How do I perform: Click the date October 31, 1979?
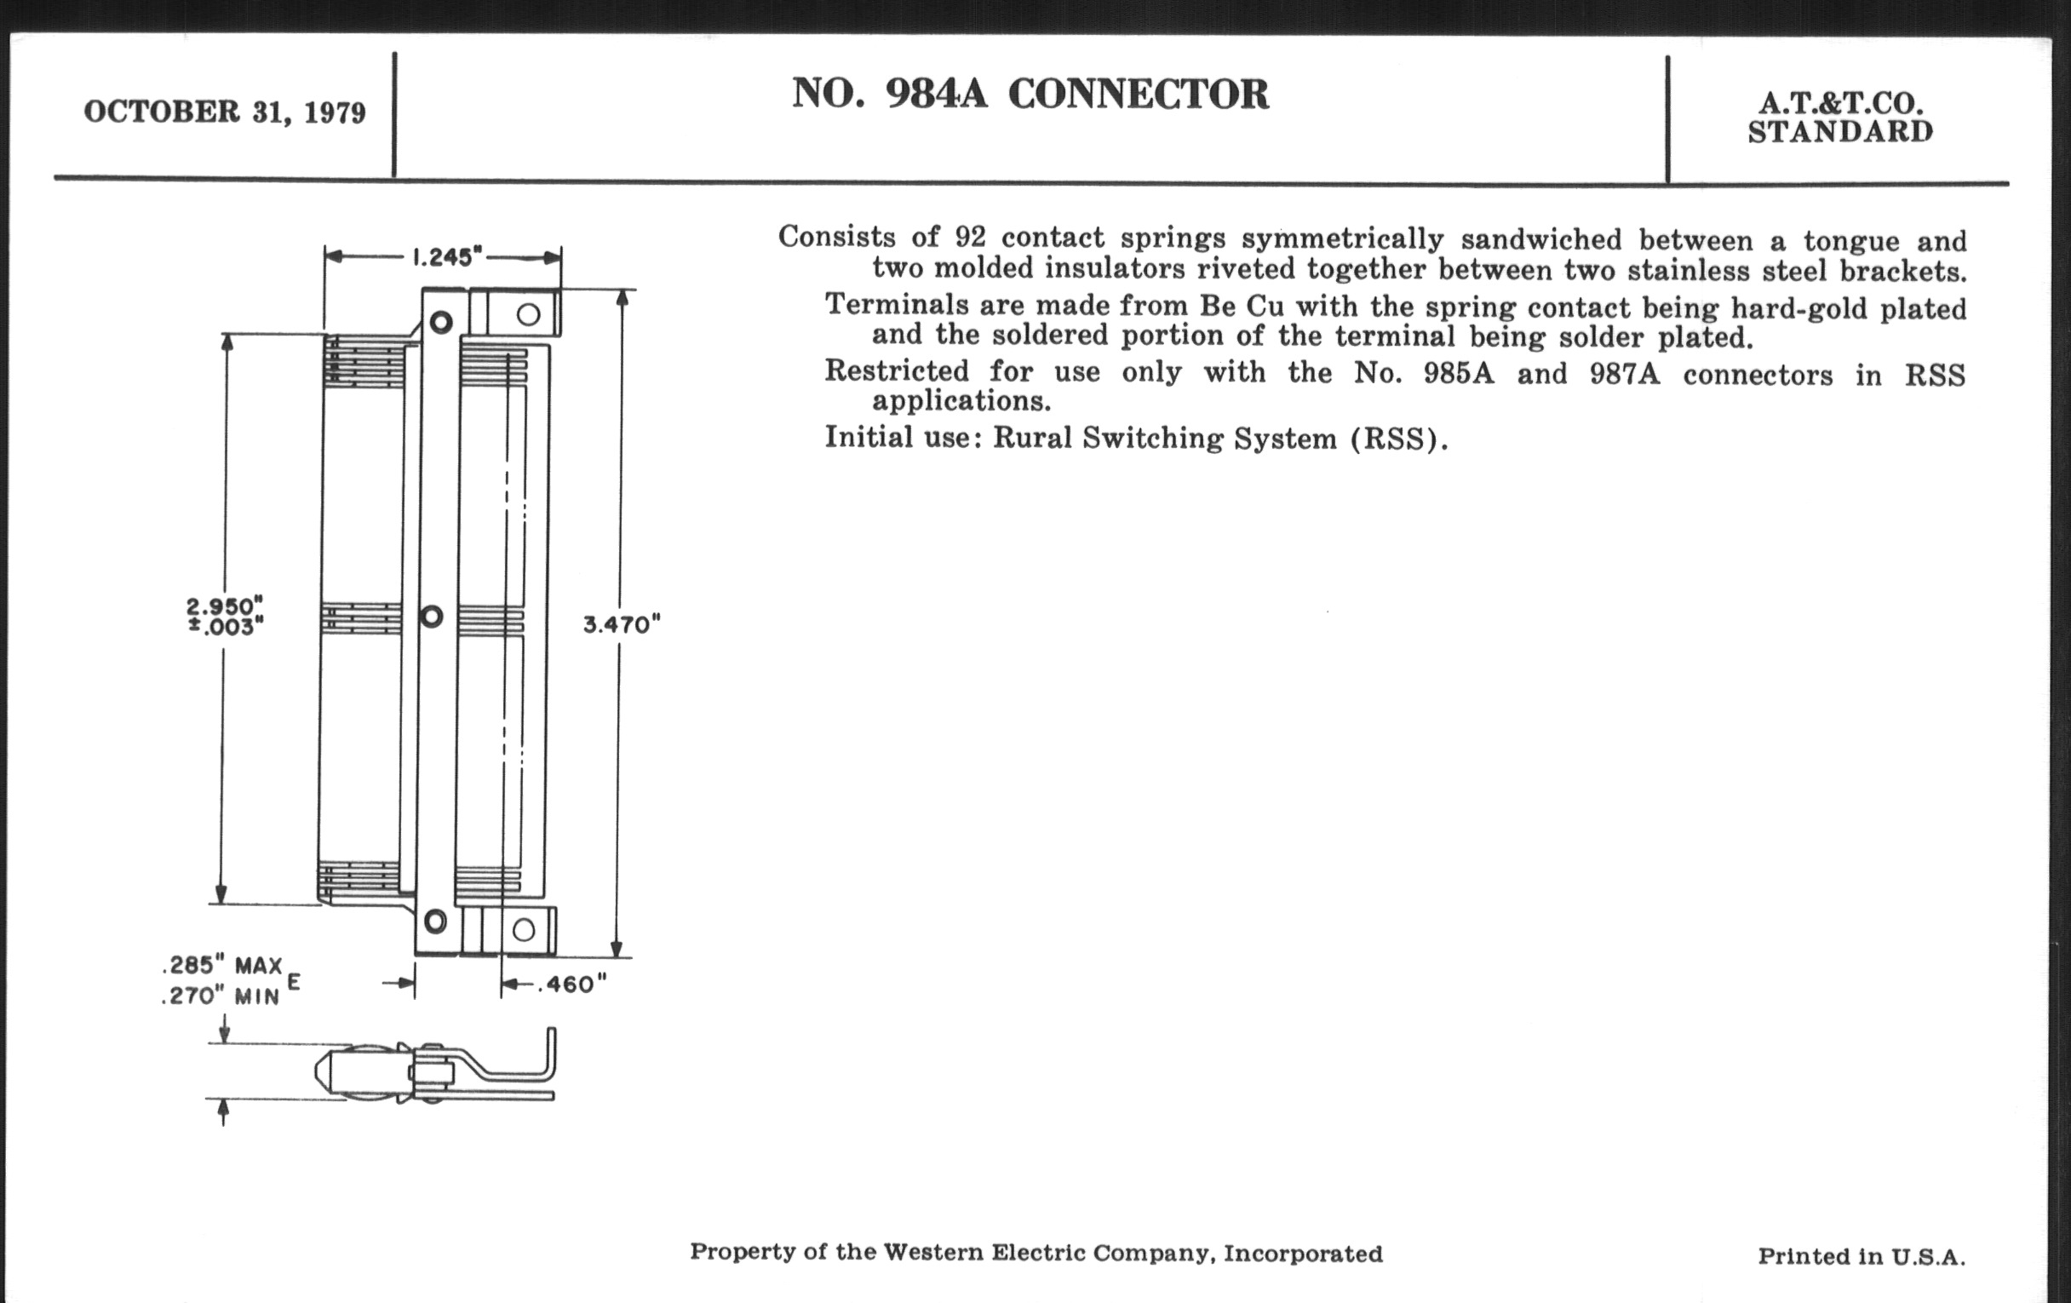coord(225,112)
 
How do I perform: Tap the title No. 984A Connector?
coord(1030,94)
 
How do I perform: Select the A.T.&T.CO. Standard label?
coord(1840,118)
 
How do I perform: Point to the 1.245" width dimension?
coord(443,256)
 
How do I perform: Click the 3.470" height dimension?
coord(621,624)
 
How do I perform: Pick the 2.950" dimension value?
coord(225,606)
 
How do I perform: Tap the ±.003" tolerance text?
coord(226,627)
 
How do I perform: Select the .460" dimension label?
coord(572,984)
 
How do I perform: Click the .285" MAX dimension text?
coord(222,966)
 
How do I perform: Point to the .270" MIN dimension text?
coord(221,996)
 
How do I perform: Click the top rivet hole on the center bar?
coord(441,323)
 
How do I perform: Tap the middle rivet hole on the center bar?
coord(432,616)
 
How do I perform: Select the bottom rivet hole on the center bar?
coord(435,923)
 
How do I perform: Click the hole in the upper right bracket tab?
coord(528,314)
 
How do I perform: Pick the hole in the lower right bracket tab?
coord(524,930)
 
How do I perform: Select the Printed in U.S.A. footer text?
coord(1862,1256)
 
